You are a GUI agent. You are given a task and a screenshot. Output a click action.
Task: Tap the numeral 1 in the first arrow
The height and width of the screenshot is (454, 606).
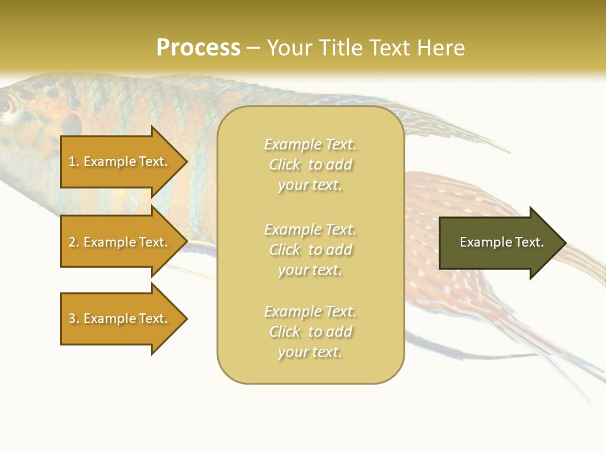72,161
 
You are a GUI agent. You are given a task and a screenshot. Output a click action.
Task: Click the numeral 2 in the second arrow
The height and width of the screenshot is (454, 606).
72,242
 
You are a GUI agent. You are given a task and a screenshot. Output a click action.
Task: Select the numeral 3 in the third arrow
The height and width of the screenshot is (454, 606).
72,318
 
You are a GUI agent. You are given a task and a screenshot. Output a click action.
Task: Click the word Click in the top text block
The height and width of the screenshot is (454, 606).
285,165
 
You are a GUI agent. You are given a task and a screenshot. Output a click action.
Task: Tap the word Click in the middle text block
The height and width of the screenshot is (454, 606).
285,250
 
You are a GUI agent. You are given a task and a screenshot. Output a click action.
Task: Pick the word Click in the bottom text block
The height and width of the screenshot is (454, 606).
285,331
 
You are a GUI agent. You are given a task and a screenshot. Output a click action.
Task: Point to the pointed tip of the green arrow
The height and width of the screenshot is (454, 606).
567,243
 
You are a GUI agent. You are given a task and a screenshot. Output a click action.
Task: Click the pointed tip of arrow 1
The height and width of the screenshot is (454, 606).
188,161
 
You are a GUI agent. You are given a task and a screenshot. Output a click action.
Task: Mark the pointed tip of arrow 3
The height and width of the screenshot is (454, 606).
188,318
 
